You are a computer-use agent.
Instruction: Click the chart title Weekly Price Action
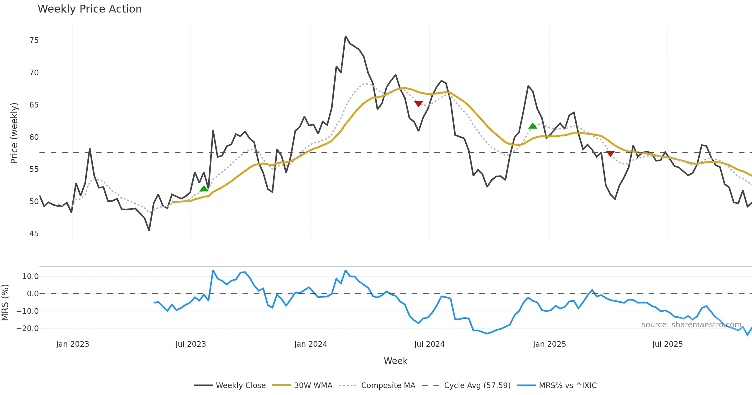tap(90, 9)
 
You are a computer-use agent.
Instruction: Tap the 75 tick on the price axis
tap(34, 40)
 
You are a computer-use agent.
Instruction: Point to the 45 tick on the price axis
tap(34, 234)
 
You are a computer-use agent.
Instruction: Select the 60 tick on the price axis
tap(34, 137)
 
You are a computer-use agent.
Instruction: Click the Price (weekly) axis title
tap(14, 133)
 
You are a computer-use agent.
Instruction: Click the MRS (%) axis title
tap(5, 303)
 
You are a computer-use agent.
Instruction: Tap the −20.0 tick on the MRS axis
tap(28, 329)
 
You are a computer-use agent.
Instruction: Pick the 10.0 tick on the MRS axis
tap(30, 276)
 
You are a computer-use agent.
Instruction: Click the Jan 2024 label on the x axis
tap(311, 344)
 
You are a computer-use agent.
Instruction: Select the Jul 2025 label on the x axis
tap(667, 344)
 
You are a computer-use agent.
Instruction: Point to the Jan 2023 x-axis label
tap(72, 344)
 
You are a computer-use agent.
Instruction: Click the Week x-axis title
tap(395, 361)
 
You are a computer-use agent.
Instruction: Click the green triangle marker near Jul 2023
tap(204, 189)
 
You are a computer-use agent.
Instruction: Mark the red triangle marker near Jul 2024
tap(419, 103)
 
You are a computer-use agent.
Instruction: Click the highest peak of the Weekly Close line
tap(345, 36)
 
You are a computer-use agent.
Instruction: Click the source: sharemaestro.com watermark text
tap(691, 325)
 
